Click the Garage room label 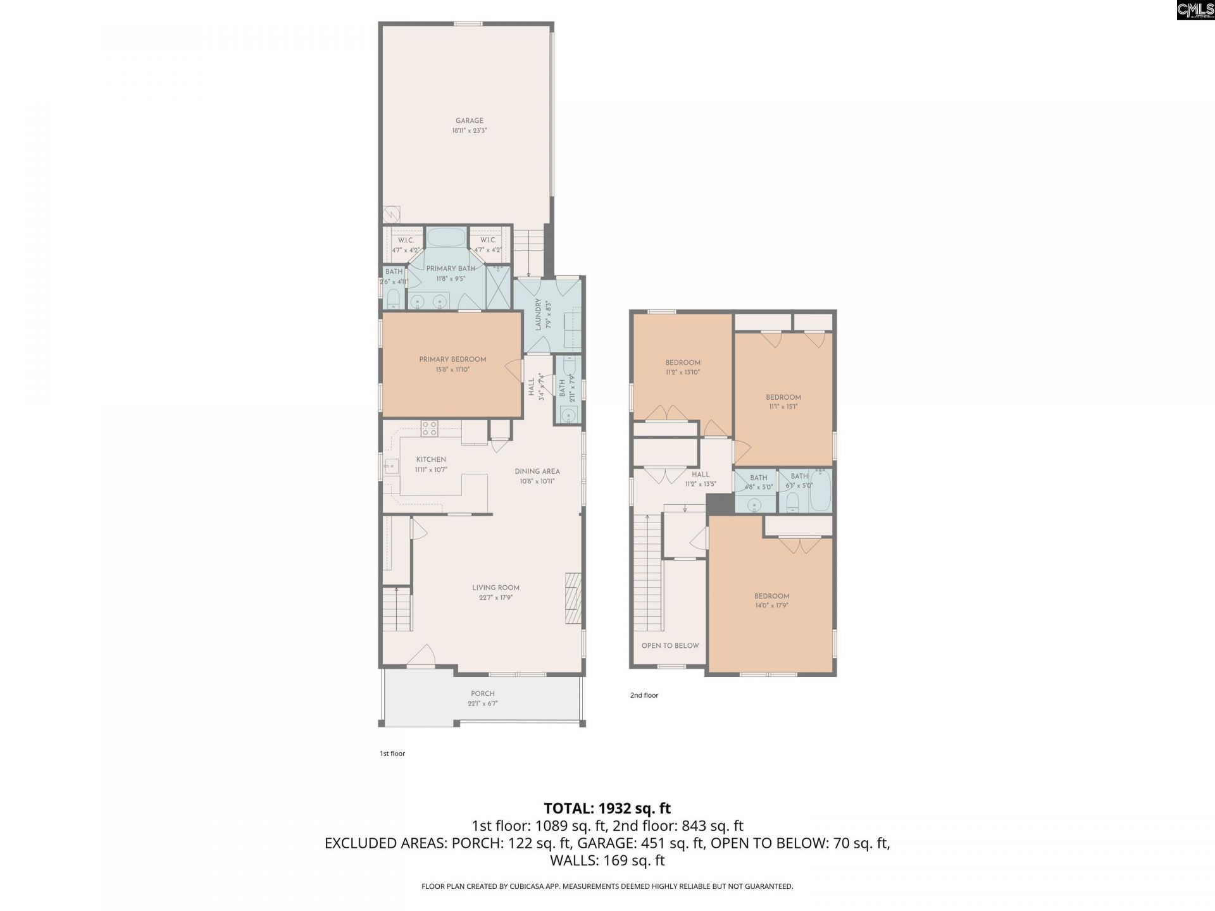tap(469, 121)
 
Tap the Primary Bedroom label tap(452, 359)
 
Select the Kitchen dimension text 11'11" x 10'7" tap(431, 470)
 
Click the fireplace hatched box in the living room tap(573, 599)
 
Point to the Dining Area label tap(537, 471)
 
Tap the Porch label tap(482, 693)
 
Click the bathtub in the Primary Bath tap(445, 238)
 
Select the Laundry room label tap(539, 314)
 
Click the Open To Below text tap(670, 645)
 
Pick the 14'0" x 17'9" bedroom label tap(771, 596)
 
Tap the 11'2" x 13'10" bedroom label tap(683, 363)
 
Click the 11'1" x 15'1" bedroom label tap(783, 397)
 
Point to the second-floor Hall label tap(701, 474)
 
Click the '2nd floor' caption tap(644, 695)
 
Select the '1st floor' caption tap(392, 753)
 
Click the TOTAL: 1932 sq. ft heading tap(607, 809)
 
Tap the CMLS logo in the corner tap(1195, 9)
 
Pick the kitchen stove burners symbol tap(429, 428)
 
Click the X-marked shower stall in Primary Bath tap(497, 288)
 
